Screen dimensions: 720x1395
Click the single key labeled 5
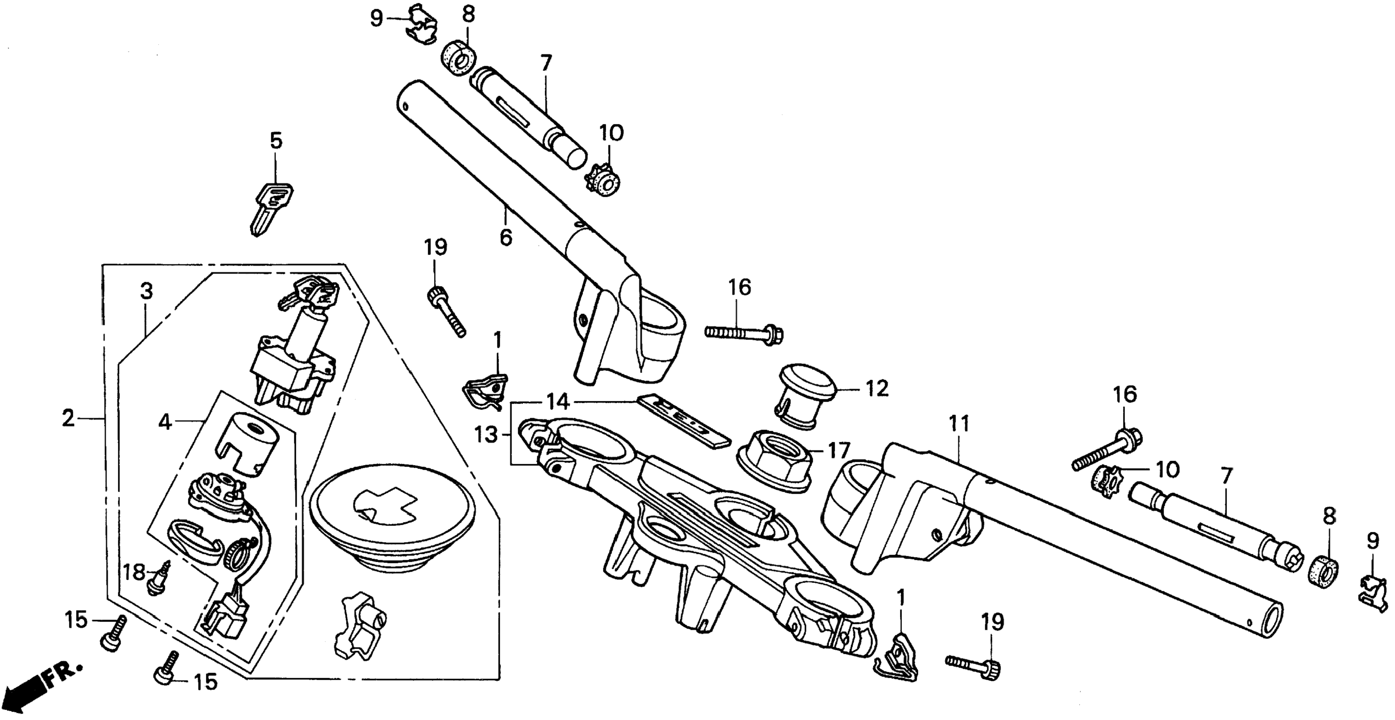click(271, 208)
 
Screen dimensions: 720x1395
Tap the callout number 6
click(506, 237)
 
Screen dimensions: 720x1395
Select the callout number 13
click(486, 434)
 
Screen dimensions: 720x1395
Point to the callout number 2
click(68, 418)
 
